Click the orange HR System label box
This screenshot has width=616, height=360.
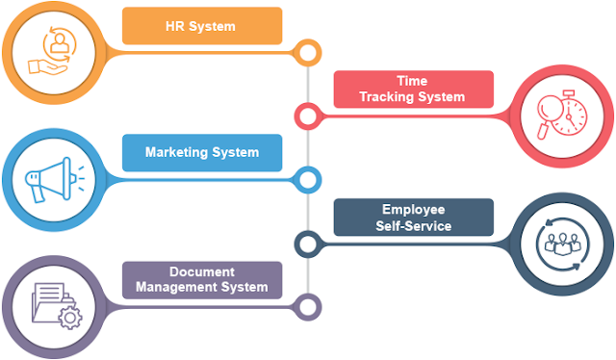[202, 26]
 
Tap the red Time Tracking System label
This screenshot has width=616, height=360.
[413, 90]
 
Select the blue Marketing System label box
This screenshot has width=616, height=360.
[202, 153]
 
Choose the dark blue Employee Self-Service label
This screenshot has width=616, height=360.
[413, 218]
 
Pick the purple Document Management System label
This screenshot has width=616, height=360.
[202, 280]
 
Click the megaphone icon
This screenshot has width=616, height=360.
[54, 180]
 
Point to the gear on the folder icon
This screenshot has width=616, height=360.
[70, 317]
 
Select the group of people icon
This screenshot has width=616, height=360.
[562, 244]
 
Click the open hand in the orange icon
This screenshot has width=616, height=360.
[47, 66]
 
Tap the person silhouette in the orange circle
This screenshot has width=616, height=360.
[60, 43]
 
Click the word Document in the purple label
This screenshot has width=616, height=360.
[202, 271]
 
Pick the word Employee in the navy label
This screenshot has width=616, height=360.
[413, 210]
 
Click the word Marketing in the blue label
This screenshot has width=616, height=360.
[176, 152]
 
